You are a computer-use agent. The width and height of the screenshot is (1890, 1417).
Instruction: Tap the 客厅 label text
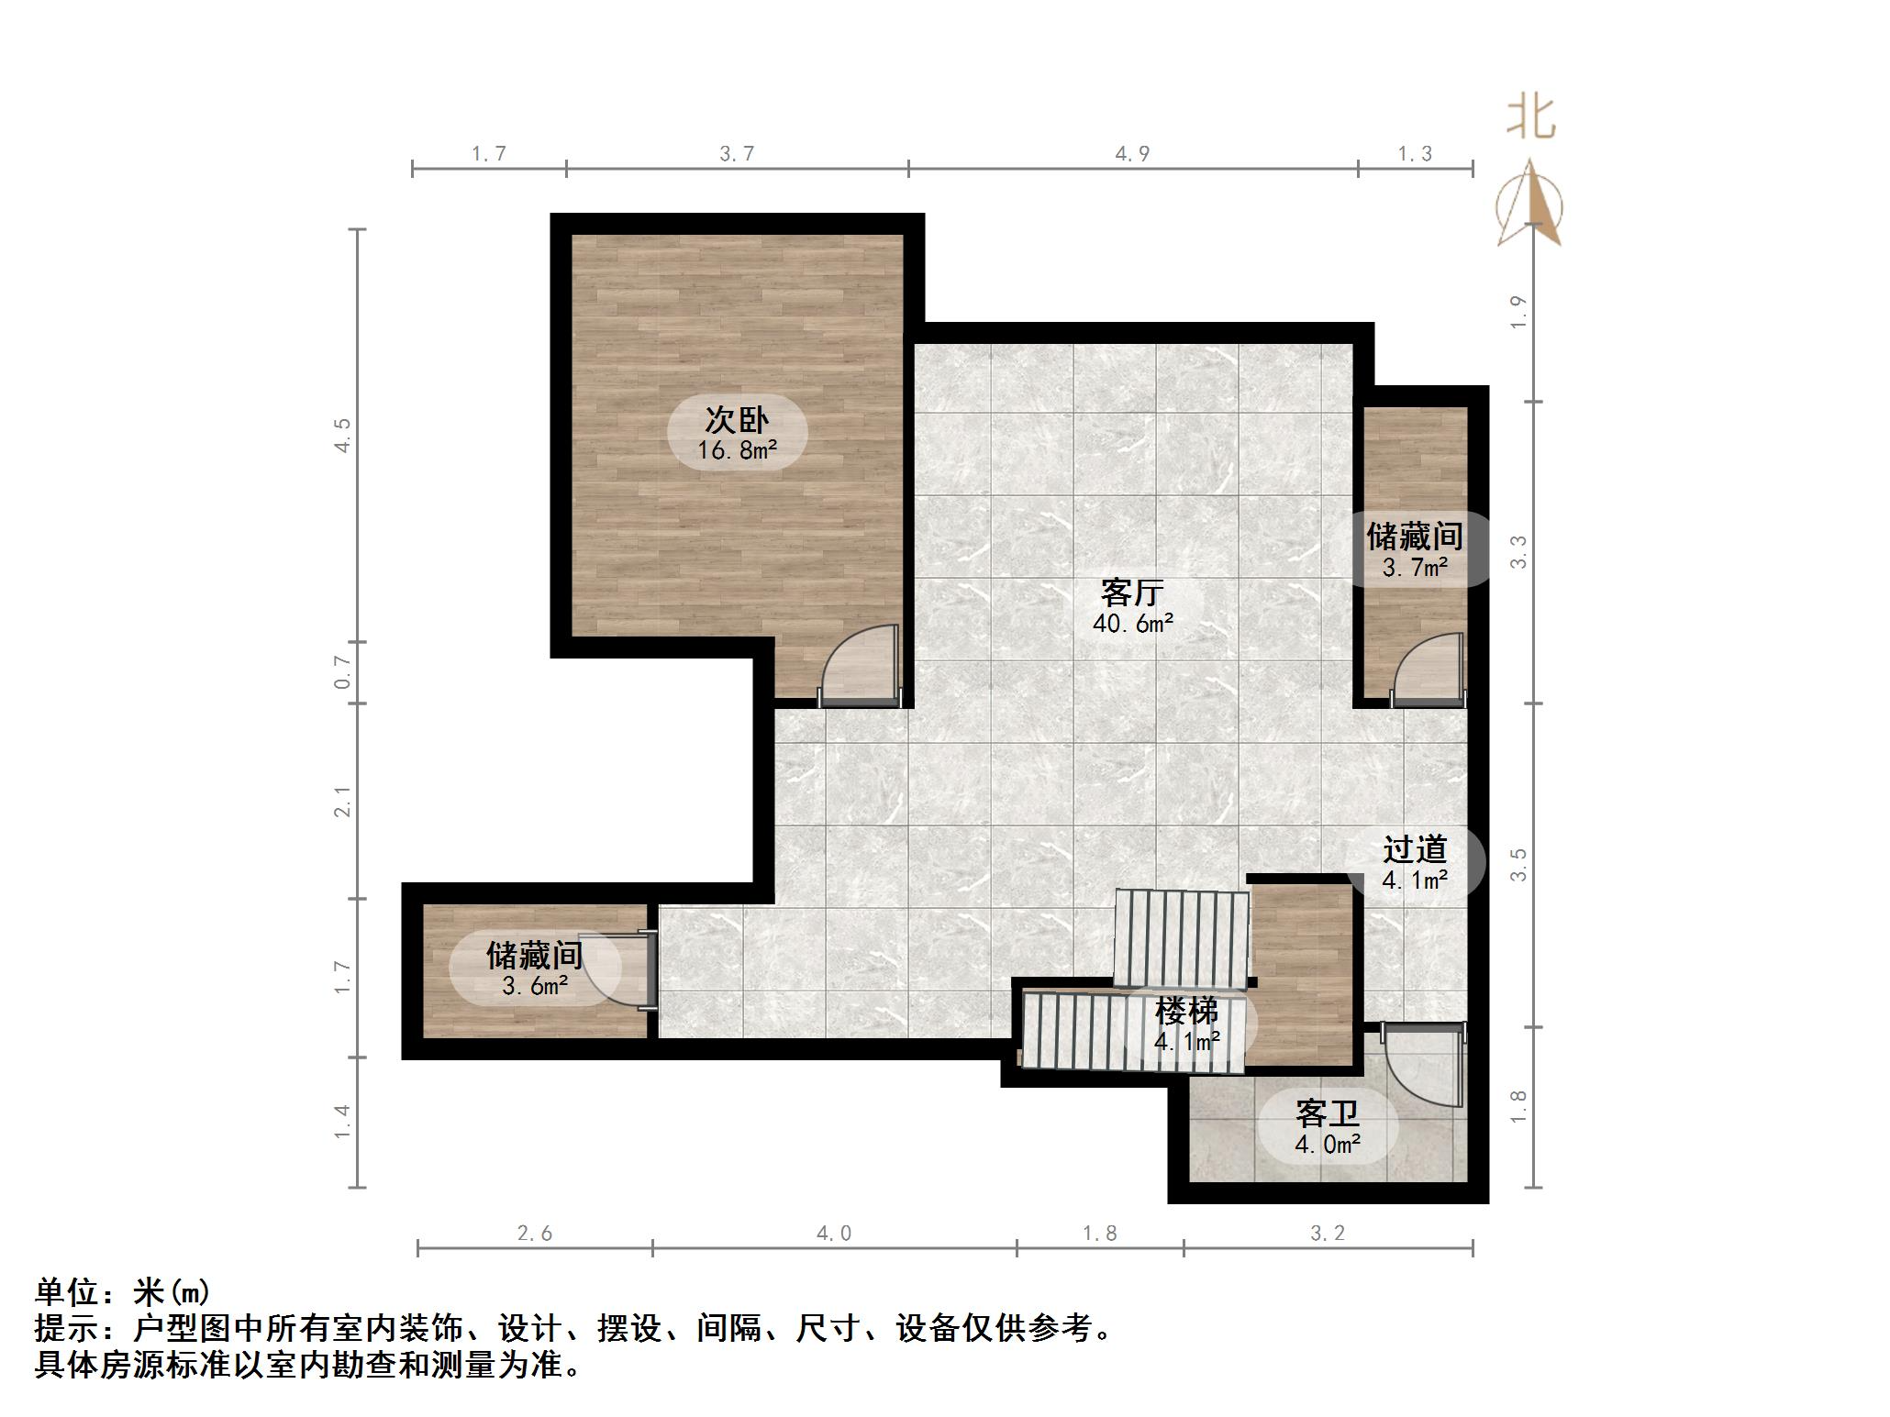(1132, 592)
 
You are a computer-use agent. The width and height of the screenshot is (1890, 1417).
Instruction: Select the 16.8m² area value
(737, 450)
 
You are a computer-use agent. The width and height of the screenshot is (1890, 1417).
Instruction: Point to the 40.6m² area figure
(1132, 624)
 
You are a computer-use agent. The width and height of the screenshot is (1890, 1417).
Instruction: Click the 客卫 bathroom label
(1327, 1113)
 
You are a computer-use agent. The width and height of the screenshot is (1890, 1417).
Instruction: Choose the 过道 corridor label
(1415, 849)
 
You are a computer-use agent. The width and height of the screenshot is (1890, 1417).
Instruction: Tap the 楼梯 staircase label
(1186, 1011)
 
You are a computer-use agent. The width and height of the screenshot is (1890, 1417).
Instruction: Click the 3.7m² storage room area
(1415, 567)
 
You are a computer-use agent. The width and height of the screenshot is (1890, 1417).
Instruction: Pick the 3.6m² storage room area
(535, 986)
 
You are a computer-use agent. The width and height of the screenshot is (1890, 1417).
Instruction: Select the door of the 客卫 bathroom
(1422, 1068)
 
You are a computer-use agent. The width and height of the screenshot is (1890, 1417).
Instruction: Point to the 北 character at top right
(1530, 118)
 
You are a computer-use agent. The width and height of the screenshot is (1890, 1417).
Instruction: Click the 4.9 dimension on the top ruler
(1132, 154)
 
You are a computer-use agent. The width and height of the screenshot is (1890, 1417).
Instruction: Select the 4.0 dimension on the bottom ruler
(833, 1234)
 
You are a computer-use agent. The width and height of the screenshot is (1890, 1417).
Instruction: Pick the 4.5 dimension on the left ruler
(342, 435)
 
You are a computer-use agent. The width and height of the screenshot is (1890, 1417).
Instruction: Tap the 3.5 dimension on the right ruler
(1518, 865)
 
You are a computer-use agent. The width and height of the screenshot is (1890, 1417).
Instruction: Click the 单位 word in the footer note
(67, 1292)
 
